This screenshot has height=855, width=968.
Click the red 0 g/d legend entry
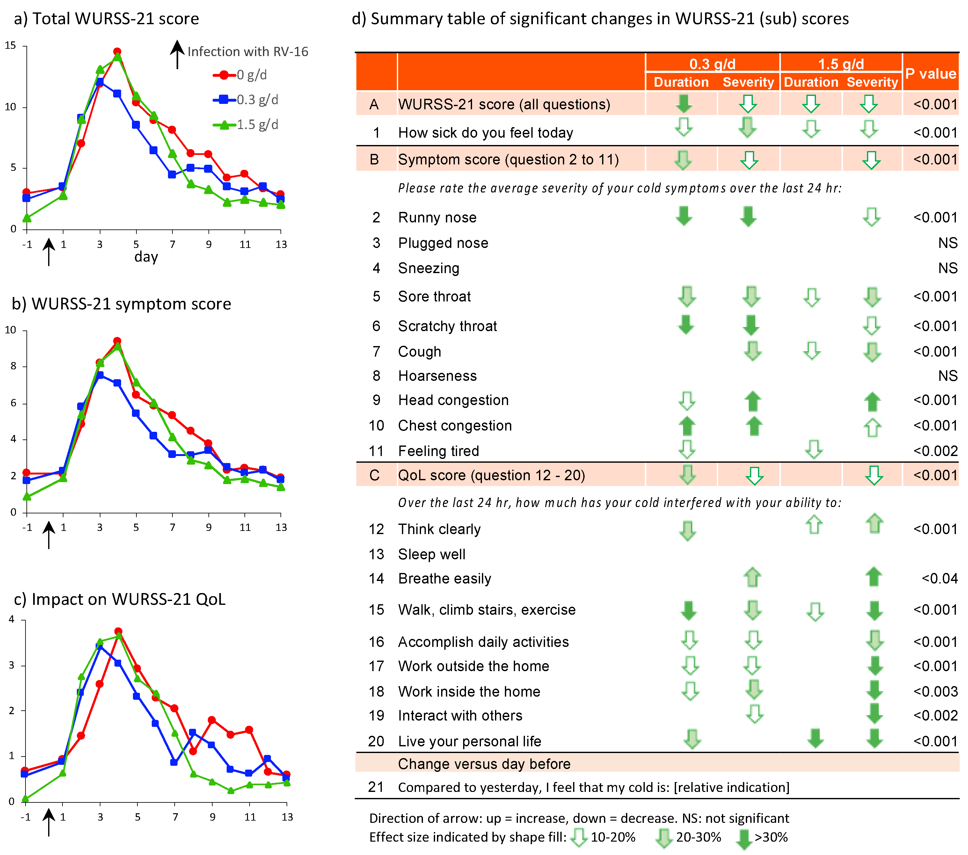240,75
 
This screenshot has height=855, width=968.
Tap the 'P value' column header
930,73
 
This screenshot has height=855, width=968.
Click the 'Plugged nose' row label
443,243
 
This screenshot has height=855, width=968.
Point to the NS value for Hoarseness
948,376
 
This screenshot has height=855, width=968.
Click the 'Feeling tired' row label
438,451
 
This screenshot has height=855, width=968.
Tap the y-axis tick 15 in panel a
11,46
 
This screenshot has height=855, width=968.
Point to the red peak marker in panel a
117,52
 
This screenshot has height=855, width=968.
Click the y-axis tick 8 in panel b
13,366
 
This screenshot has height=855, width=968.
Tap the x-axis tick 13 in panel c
287,817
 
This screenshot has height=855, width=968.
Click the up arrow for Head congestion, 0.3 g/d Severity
753,402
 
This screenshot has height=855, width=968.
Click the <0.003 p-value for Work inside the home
935,691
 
